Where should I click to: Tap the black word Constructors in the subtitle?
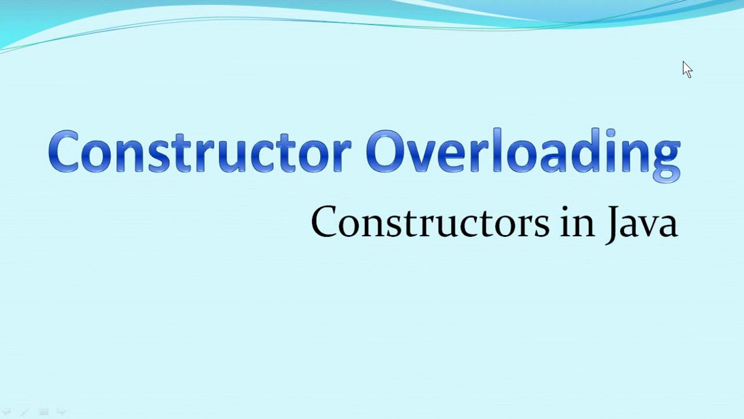(x=430, y=223)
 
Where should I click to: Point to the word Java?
(x=642, y=224)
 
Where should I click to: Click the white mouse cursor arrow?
(x=687, y=69)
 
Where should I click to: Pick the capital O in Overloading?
(x=388, y=152)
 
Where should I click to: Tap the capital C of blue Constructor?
(x=65, y=152)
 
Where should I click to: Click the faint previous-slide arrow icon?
(x=7, y=411)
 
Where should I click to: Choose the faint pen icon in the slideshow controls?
(x=24, y=411)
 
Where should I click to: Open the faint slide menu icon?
(x=43, y=411)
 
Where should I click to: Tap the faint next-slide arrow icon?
(x=61, y=411)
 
